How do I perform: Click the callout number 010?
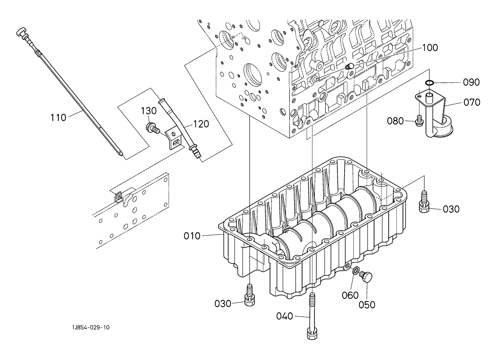[x=192, y=236]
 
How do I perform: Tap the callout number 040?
[x=285, y=316]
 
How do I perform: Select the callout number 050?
[x=367, y=305]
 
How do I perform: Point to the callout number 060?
[x=350, y=295]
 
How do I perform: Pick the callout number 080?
[x=395, y=121]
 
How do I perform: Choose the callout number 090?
[x=472, y=82]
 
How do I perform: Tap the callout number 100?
[x=430, y=48]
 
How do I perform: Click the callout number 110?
[x=59, y=118]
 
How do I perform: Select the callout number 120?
[x=201, y=124]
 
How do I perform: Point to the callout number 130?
[x=149, y=110]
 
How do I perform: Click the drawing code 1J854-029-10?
[x=91, y=328]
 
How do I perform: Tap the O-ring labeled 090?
[x=429, y=83]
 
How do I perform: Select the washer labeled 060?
[x=356, y=270]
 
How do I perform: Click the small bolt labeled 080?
[x=419, y=120]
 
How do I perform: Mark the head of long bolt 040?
[x=312, y=334]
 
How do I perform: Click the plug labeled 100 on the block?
[x=349, y=66]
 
